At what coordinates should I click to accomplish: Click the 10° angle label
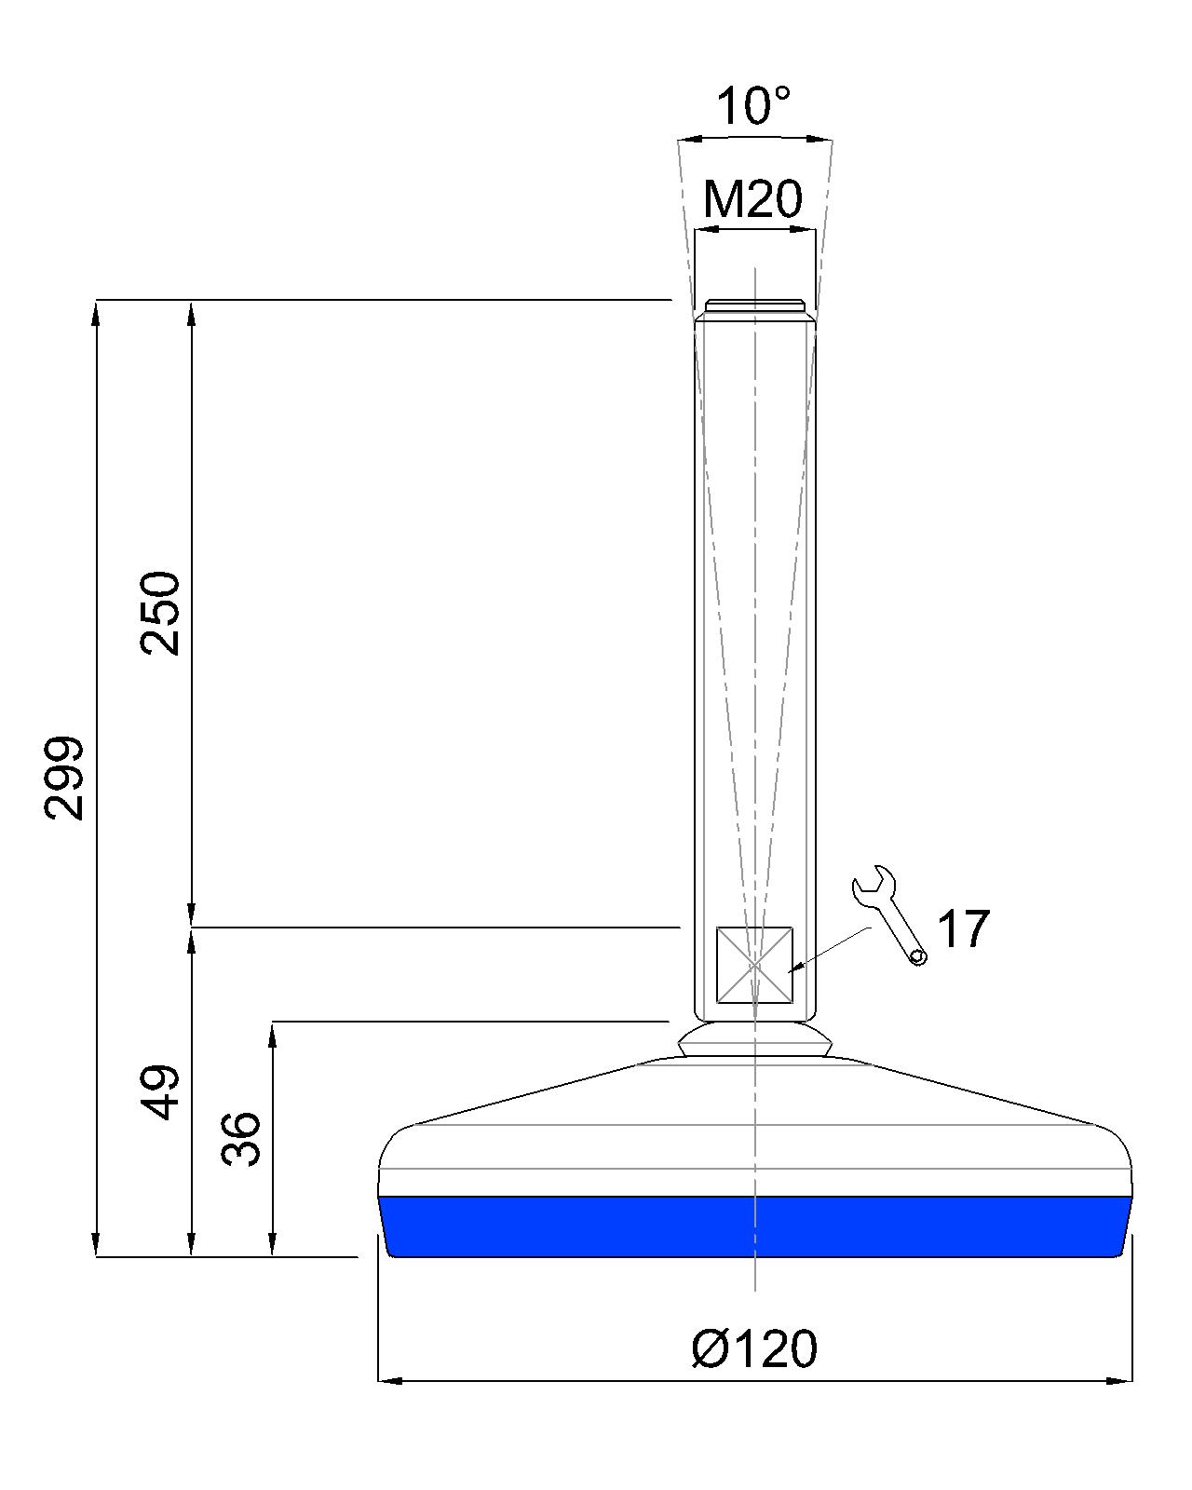(x=752, y=106)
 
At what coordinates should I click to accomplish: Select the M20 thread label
(x=752, y=198)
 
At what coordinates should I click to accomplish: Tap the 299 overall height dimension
(x=63, y=779)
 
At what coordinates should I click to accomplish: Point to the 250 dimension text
(x=160, y=613)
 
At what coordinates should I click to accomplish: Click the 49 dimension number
(x=160, y=1093)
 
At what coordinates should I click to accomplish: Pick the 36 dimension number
(x=241, y=1140)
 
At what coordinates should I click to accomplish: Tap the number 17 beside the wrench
(x=963, y=928)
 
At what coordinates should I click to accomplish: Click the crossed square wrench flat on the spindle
(x=754, y=965)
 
